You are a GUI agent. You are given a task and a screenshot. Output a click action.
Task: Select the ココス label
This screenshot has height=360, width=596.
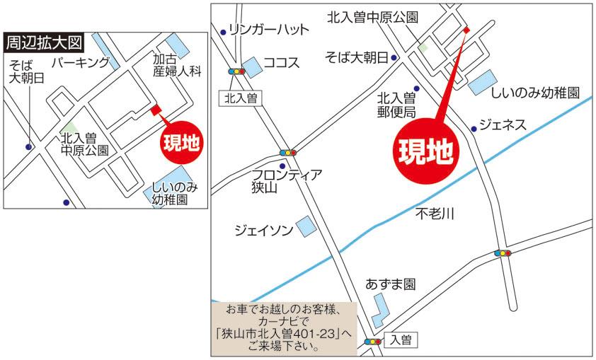[x=282, y=63]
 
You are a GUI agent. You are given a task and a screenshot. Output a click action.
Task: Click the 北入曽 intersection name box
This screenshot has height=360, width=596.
[x=240, y=98]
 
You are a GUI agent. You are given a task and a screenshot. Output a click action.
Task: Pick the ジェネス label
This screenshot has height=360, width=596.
[x=503, y=125]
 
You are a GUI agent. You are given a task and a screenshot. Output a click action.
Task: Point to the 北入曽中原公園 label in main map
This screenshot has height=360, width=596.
[x=372, y=18]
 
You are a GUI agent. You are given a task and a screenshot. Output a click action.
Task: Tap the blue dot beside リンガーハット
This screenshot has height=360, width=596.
[x=224, y=31]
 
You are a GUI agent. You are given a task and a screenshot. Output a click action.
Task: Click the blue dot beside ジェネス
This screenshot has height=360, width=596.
[x=474, y=129]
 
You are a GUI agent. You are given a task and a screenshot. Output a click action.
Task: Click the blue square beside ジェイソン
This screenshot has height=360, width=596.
[x=306, y=226]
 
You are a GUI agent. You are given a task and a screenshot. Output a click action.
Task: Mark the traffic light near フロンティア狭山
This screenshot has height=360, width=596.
[x=288, y=152]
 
